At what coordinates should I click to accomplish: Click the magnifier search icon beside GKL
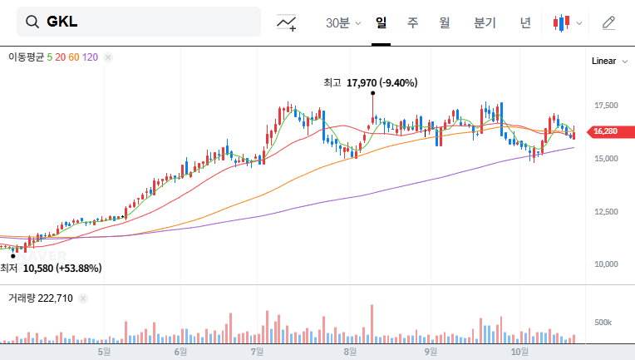(33, 22)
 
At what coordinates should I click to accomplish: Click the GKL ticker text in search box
(62, 22)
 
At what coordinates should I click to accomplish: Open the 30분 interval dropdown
(343, 22)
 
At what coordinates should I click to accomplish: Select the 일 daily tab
(381, 22)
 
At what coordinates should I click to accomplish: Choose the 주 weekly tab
(412, 22)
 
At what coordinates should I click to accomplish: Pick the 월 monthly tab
(445, 22)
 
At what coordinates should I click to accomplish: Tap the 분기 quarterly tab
(485, 22)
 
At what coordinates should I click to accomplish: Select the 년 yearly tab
(525, 22)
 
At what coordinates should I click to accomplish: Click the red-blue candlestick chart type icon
(563, 22)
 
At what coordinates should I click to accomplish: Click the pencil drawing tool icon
(608, 22)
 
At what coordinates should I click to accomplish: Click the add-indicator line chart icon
(287, 22)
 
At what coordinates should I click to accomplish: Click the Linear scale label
(603, 61)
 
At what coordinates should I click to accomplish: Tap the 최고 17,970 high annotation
(371, 82)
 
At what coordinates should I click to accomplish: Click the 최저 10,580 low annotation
(51, 268)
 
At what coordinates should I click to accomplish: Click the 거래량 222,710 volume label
(41, 298)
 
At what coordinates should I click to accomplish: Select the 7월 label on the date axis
(257, 352)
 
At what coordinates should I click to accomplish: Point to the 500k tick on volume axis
(603, 322)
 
